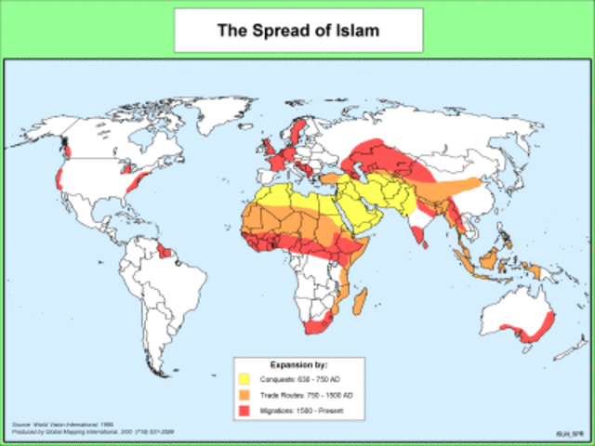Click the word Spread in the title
coord(284,30)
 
